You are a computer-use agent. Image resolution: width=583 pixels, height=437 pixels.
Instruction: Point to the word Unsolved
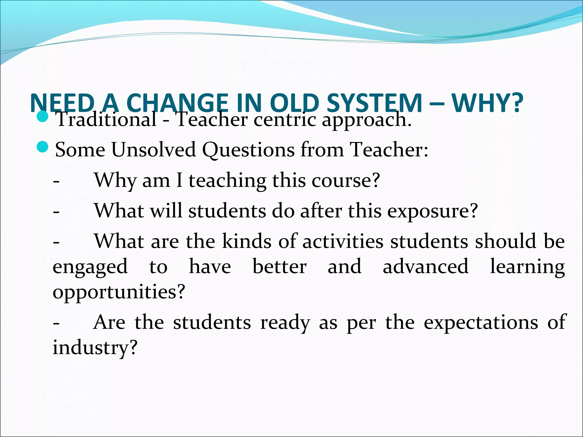coord(153,149)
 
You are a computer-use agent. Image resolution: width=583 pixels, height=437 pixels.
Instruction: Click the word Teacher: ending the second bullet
coord(389,149)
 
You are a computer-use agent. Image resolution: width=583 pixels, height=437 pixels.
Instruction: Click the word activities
coord(343,241)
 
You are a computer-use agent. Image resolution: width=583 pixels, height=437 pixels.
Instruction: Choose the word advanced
coord(425,267)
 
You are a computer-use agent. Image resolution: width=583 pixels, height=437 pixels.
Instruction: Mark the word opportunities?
coord(119,292)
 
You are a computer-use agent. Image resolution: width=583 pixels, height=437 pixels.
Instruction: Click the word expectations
coord(481,322)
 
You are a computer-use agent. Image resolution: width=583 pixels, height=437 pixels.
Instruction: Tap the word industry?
coord(95,348)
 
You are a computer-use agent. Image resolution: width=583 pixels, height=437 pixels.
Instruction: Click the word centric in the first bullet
coord(285,119)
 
